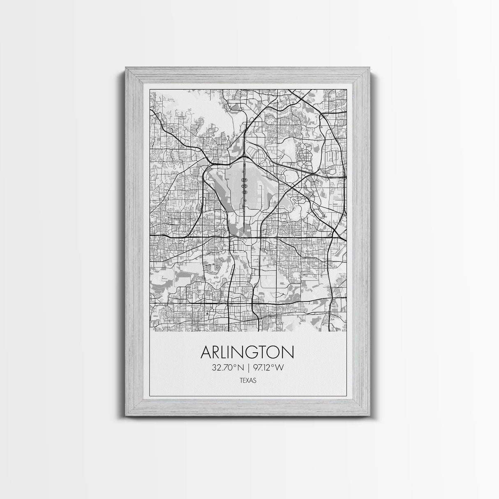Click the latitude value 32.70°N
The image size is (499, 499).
click(x=228, y=367)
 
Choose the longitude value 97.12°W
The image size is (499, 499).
click(x=268, y=367)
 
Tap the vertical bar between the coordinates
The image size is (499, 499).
click(x=248, y=367)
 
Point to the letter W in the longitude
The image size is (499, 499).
click(x=280, y=367)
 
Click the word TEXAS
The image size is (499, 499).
click(x=248, y=381)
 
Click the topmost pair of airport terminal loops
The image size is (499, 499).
click(x=244, y=173)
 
